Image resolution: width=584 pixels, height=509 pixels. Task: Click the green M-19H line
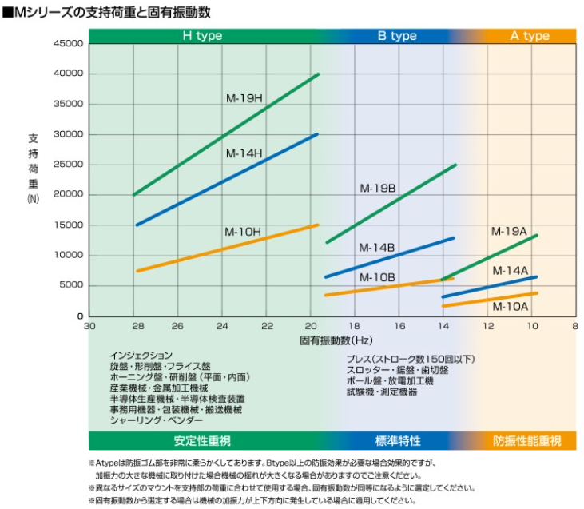point(227,134)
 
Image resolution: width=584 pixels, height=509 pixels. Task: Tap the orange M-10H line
point(227,248)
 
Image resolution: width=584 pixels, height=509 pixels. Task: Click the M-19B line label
point(378,189)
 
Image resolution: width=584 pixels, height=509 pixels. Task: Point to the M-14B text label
point(376,248)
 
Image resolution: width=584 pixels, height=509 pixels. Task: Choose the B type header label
point(397,36)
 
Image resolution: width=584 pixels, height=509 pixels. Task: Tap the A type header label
point(530,36)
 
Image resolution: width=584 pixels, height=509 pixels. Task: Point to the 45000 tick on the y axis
point(68,43)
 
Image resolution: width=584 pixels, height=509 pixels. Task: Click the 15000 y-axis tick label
point(68,225)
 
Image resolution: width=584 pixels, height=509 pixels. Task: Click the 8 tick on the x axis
point(574,326)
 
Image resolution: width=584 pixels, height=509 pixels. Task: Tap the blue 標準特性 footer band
point(397,441)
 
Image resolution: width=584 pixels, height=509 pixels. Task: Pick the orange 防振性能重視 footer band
point(526,441)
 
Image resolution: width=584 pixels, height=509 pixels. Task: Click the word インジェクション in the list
point(141,355)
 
